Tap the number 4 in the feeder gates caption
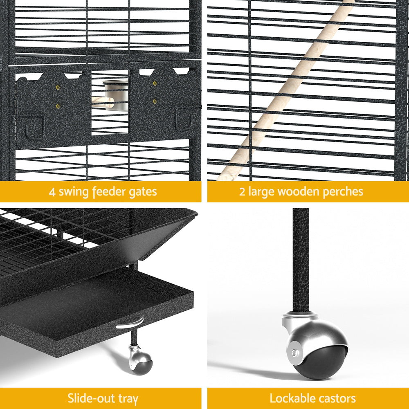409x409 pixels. coord(52,191)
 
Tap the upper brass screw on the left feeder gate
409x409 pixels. coord(58,87)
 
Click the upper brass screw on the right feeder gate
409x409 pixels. coord(155,83)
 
